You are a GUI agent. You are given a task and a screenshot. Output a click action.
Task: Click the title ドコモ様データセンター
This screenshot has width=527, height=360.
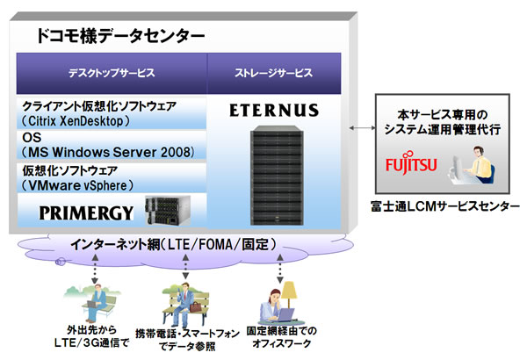[121, 36]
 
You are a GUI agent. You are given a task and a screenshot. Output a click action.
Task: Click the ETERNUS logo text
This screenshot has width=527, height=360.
[279, 112]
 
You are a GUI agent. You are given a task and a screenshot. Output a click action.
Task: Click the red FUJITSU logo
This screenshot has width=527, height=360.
[408, 164]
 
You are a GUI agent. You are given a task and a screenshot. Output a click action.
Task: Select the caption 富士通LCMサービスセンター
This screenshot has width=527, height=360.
[447, 210]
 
